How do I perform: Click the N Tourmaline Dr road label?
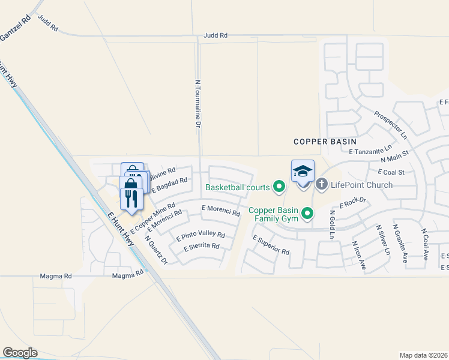pyautogui.click(x=197, y=104)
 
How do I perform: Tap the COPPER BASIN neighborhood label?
pyautogui.click(x=325, y=142)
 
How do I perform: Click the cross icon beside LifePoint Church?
pyautogui.click(x=321, y=184)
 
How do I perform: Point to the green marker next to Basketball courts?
pyautogui.click(x=279, y=187)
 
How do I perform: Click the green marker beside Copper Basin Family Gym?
pyautogui.click(x=308, y=213)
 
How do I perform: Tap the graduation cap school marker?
pyautogui.click(x=303, y=170)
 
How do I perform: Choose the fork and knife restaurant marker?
pyautogui.click(x=131, y=198)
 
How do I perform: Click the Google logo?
pyautogui.click(x=20, y=353)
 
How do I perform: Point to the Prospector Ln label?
pyautogui.click(x=390, y=124)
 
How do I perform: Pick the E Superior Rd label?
pyautogui.click(x=271, y=244)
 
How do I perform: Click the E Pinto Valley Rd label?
pyautogui.click(x=200, y=236)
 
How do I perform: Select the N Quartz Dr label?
pyautogui.click(x=156, y=248)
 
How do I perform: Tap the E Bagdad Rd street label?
pyautogui.click(x=170, y=184)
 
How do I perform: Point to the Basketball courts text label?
pyautogui.click(x=238, y=187)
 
